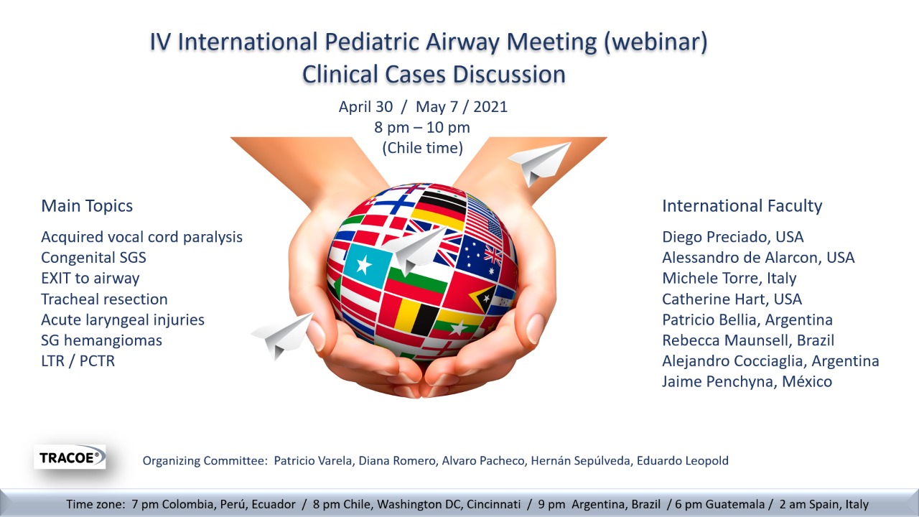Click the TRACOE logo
click(x=70, y=457)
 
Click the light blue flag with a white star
click(x=366, y=265)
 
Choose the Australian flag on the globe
click(x=480, y=257)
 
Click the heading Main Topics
click(x=87, y=205)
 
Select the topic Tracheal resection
click(x=104, y=299)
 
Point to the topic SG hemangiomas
click(x=101, y=340)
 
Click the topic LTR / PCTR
click(x=78, y=361)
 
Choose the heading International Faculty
click(x=742, y=205)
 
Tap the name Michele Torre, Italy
click(x=729, y=278)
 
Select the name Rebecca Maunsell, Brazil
click(x=748, y=340)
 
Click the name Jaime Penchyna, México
click(x=747, y=381)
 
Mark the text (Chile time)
click(x=423, y=148)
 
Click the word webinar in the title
click(x=656, y=42)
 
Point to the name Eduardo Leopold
click(x=683, y=461)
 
